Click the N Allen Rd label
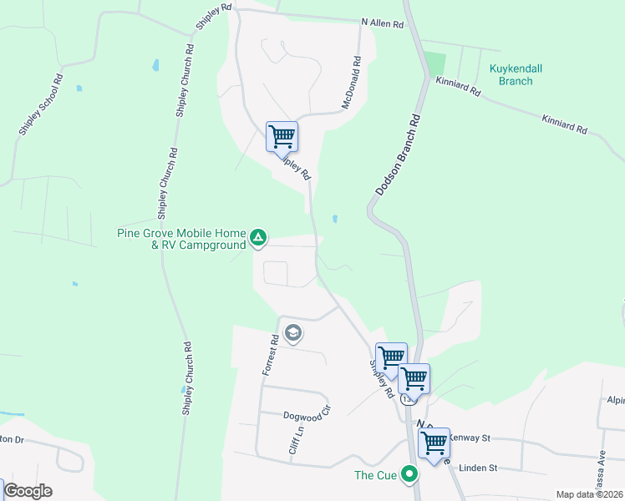tap(383, 23)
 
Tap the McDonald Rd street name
tap(351, 83)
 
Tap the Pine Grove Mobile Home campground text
tap(181, 239)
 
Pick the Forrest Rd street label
tap(270, 355)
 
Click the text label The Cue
tap(374, 475)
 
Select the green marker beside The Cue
tap(409, 475)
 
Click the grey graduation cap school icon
tap(292, 335)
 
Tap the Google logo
tap(28, 491)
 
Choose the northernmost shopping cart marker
tap(282, 136)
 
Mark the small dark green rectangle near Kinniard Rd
tap(434, 63)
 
